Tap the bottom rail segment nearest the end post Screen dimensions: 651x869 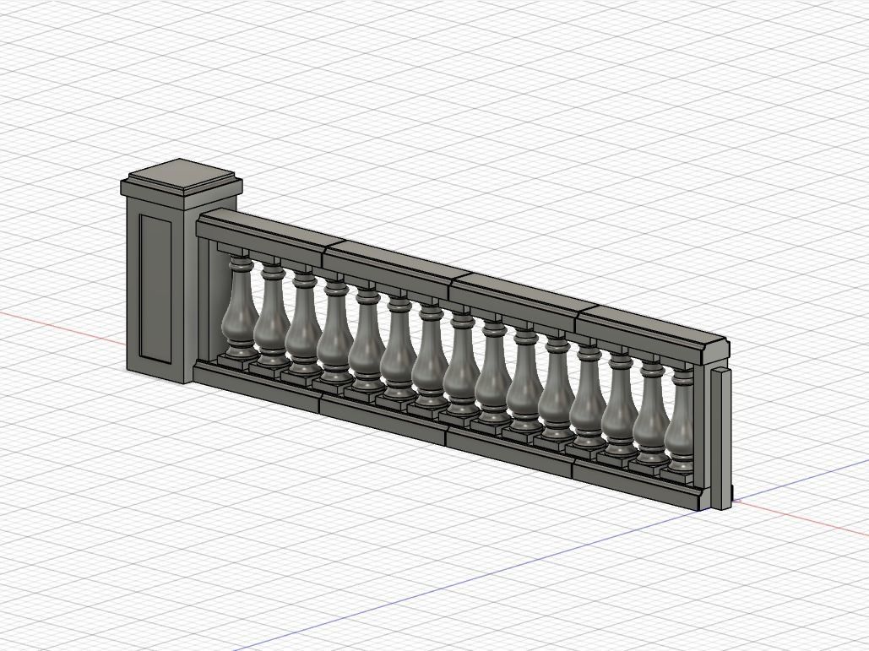[x=633, y=482]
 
